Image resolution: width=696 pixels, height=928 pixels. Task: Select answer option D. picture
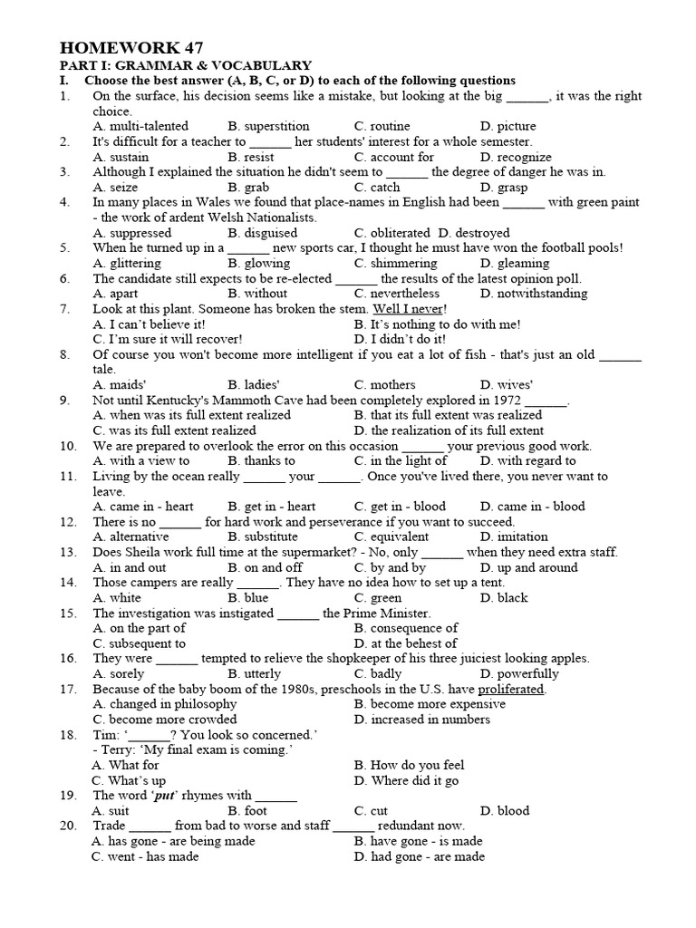tap(507, 126)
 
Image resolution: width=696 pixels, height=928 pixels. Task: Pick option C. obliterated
tap(392, 233)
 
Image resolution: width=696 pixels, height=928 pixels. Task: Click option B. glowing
tap(257, 263)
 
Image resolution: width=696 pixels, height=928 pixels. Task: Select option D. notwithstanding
tap(534, 294)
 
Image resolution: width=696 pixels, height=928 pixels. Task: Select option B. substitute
tap(263, 537)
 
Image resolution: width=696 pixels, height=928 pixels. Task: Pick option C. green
tap(378, 598)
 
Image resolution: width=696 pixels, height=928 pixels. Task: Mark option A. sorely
tap(119, 674)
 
